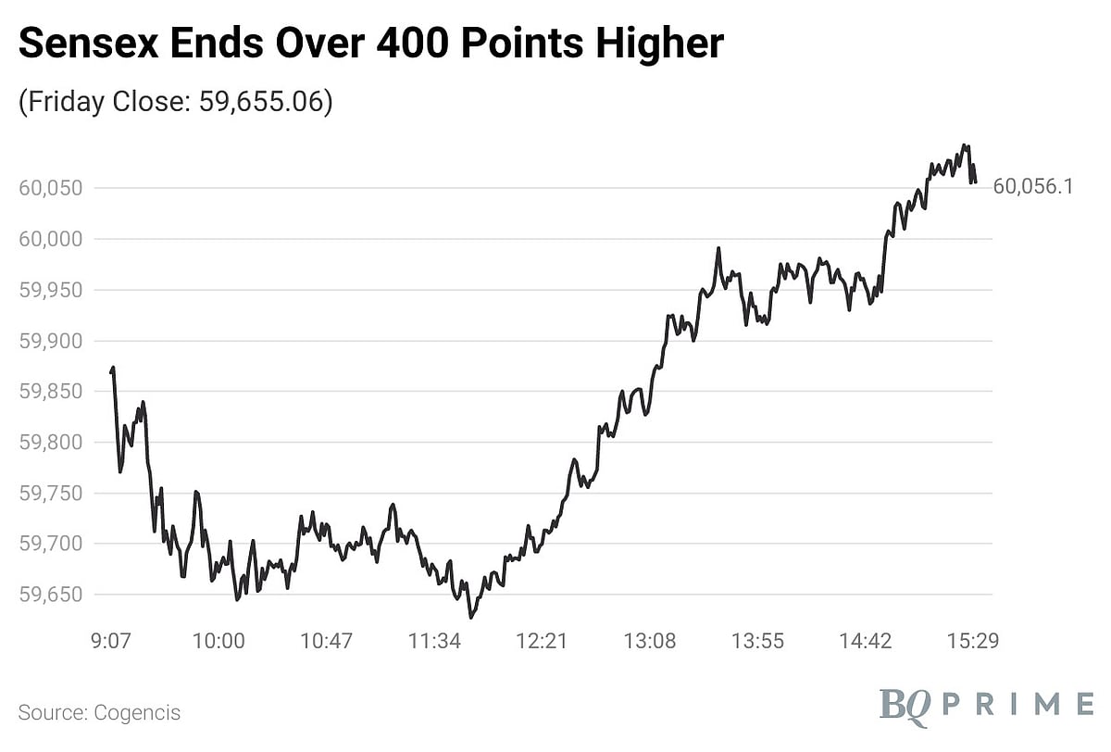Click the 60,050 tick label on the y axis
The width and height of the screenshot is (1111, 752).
click(51, 188)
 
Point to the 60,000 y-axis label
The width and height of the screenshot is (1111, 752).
click(51, 239)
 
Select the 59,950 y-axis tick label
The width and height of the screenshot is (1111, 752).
click(51, 290)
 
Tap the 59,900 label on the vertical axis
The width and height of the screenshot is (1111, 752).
click(51, 341)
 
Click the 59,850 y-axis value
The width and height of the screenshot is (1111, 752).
click(51, 392)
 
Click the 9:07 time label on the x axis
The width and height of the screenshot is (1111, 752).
click(111, 641)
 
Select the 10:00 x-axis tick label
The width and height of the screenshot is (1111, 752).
click(219, 641)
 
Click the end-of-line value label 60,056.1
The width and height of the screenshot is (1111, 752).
click(1032, 187)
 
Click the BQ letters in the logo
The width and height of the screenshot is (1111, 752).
click(905, 704)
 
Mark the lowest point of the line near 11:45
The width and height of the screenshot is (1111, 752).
click(470, 617)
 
